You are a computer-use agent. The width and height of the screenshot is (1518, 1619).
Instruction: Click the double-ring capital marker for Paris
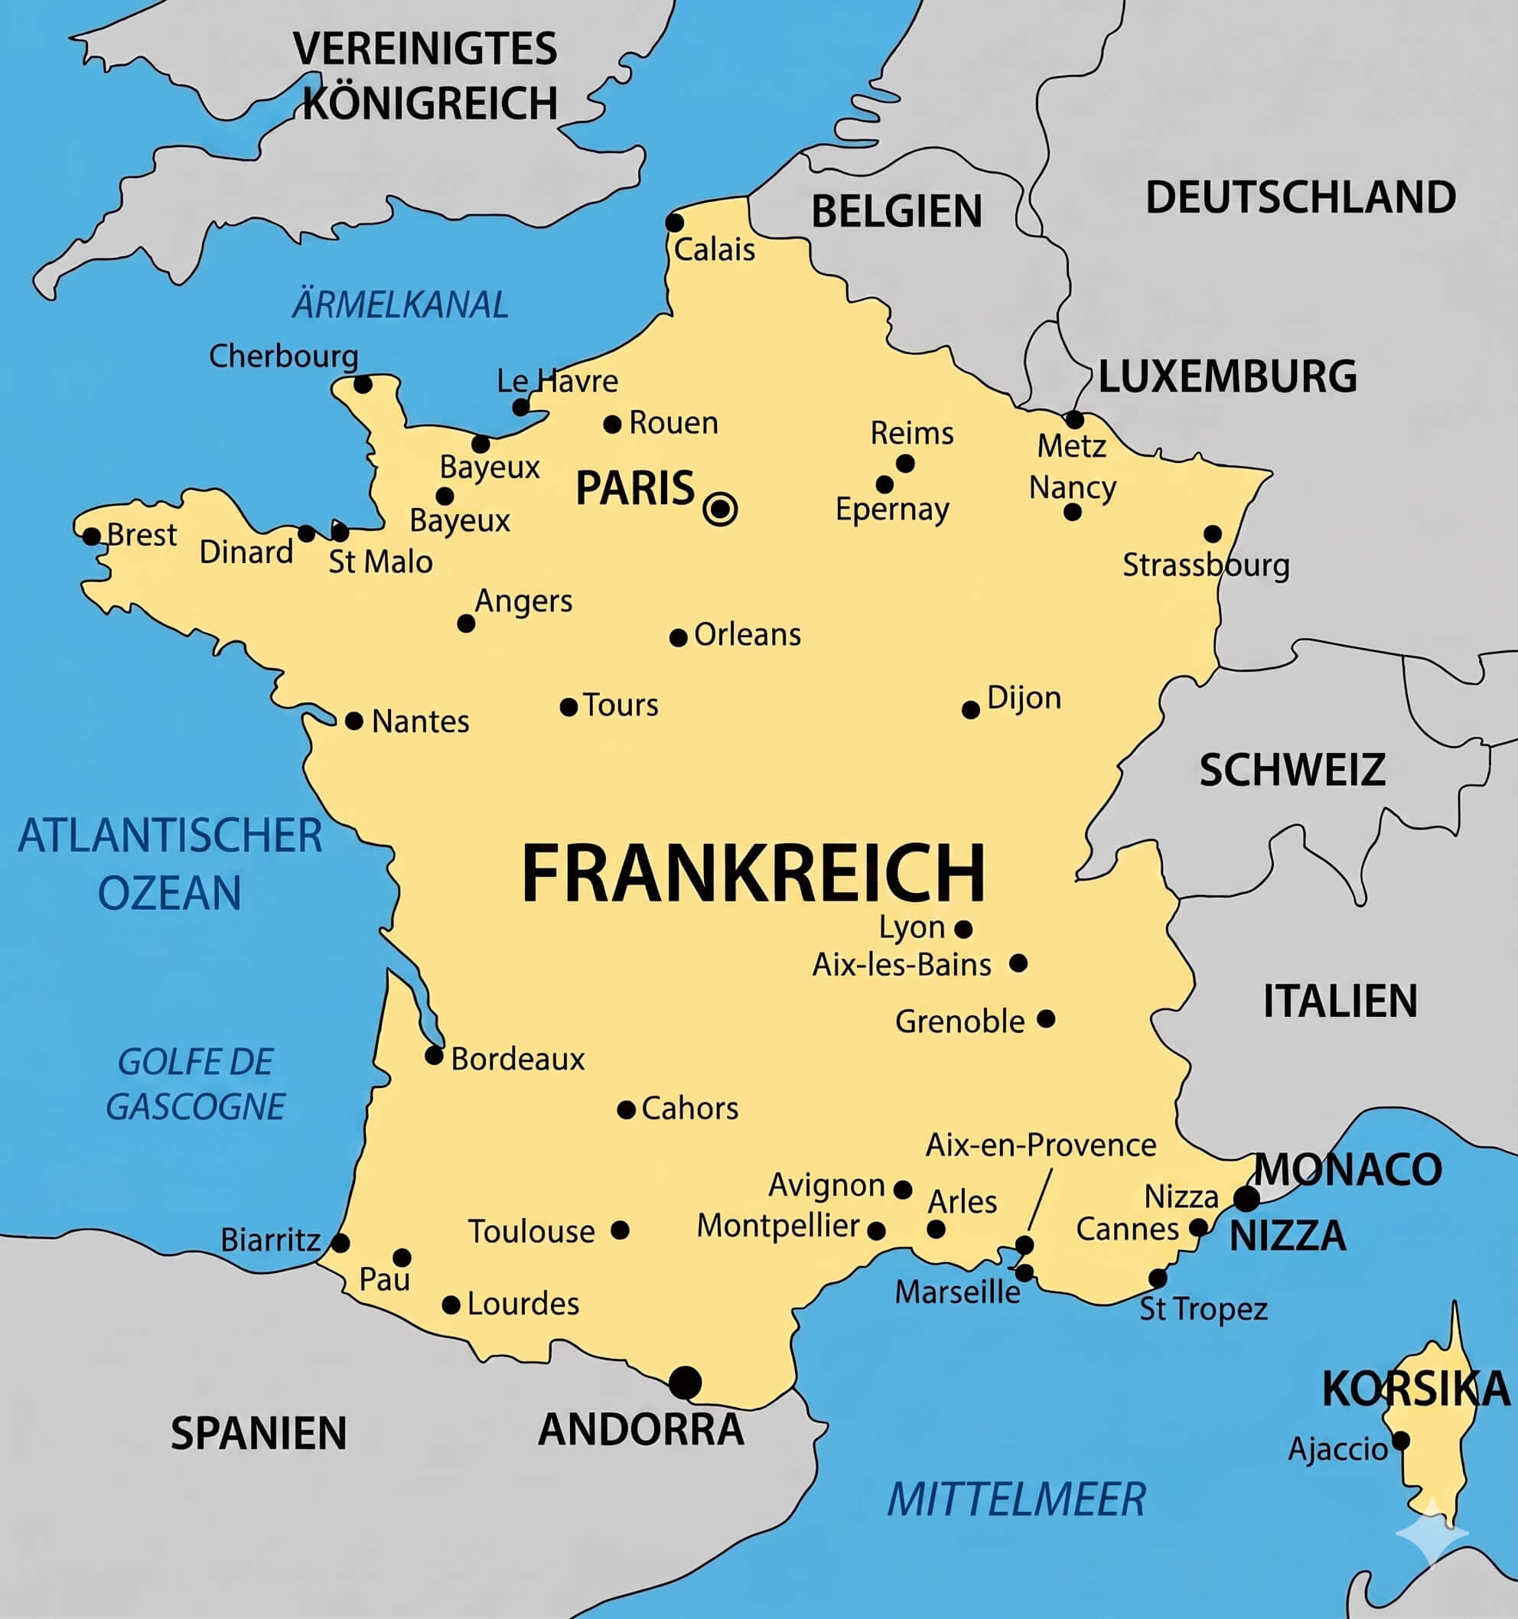(720, 509)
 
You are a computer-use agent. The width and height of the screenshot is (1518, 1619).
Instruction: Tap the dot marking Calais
(674, 223)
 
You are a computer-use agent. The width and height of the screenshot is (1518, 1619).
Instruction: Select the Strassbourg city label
(1205, 565)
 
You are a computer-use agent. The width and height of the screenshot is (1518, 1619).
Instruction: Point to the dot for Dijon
(971, 710)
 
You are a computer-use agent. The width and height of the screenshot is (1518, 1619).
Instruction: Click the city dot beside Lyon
(963, 928)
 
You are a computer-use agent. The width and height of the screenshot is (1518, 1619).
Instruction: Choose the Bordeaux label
(517, 1060)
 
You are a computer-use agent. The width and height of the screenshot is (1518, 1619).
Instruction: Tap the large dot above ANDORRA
(685, 1382)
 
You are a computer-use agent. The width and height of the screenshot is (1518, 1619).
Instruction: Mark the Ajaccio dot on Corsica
(1401, 1441)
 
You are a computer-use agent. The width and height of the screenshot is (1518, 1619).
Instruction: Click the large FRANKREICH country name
(754, 873)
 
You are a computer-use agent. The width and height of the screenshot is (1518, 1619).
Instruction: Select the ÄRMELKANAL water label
(400, 305)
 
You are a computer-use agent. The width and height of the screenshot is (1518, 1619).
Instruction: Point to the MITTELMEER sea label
(1015, 1500)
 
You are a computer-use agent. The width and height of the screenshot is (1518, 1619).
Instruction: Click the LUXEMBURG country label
(1227, 377)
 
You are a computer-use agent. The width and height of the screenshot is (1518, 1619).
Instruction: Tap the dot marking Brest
(92, 536)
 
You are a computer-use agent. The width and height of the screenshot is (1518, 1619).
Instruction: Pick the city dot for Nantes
(354, 721)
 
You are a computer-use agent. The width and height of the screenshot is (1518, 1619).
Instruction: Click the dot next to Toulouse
(620, 1230)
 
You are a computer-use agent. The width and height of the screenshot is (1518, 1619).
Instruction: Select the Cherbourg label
(283, 357)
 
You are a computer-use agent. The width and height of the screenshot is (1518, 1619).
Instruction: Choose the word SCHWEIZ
(1292, 770)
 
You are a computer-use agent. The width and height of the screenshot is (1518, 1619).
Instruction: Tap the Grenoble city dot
(1047, 1019)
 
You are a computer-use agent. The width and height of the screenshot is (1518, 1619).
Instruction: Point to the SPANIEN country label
(258, 1433)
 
